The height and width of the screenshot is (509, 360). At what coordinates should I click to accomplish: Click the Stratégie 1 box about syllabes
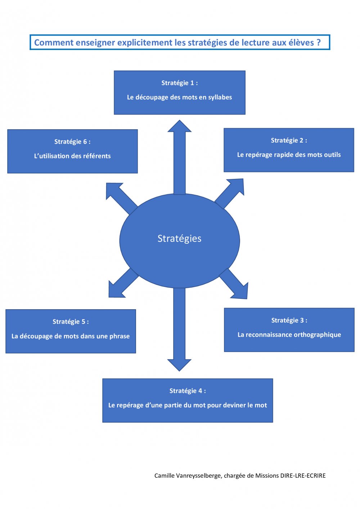[x=179, y=92]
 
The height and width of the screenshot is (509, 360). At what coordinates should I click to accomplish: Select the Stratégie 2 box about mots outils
[x=289, y=150]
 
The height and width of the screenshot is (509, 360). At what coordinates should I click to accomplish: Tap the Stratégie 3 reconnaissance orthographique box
[x=289, y=329]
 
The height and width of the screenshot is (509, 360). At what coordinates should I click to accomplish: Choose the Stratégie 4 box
[x=188, y=400]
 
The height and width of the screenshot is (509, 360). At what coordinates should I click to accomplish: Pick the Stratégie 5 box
[x=71, y=331]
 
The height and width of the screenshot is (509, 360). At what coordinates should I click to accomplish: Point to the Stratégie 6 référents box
[x=72, y=151]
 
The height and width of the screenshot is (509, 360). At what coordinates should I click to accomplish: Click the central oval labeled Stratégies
[x=179, y=240]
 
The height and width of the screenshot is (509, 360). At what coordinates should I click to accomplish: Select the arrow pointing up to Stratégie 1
[x=179, y=158]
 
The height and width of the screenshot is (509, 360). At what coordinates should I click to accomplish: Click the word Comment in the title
[x=49, y=42]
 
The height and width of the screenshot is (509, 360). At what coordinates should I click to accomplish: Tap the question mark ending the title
[x=318, y=42]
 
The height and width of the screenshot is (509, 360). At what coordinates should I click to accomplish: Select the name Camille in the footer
[x=165, y=476]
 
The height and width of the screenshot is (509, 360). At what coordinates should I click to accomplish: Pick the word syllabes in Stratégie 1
[x=220, y=97]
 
